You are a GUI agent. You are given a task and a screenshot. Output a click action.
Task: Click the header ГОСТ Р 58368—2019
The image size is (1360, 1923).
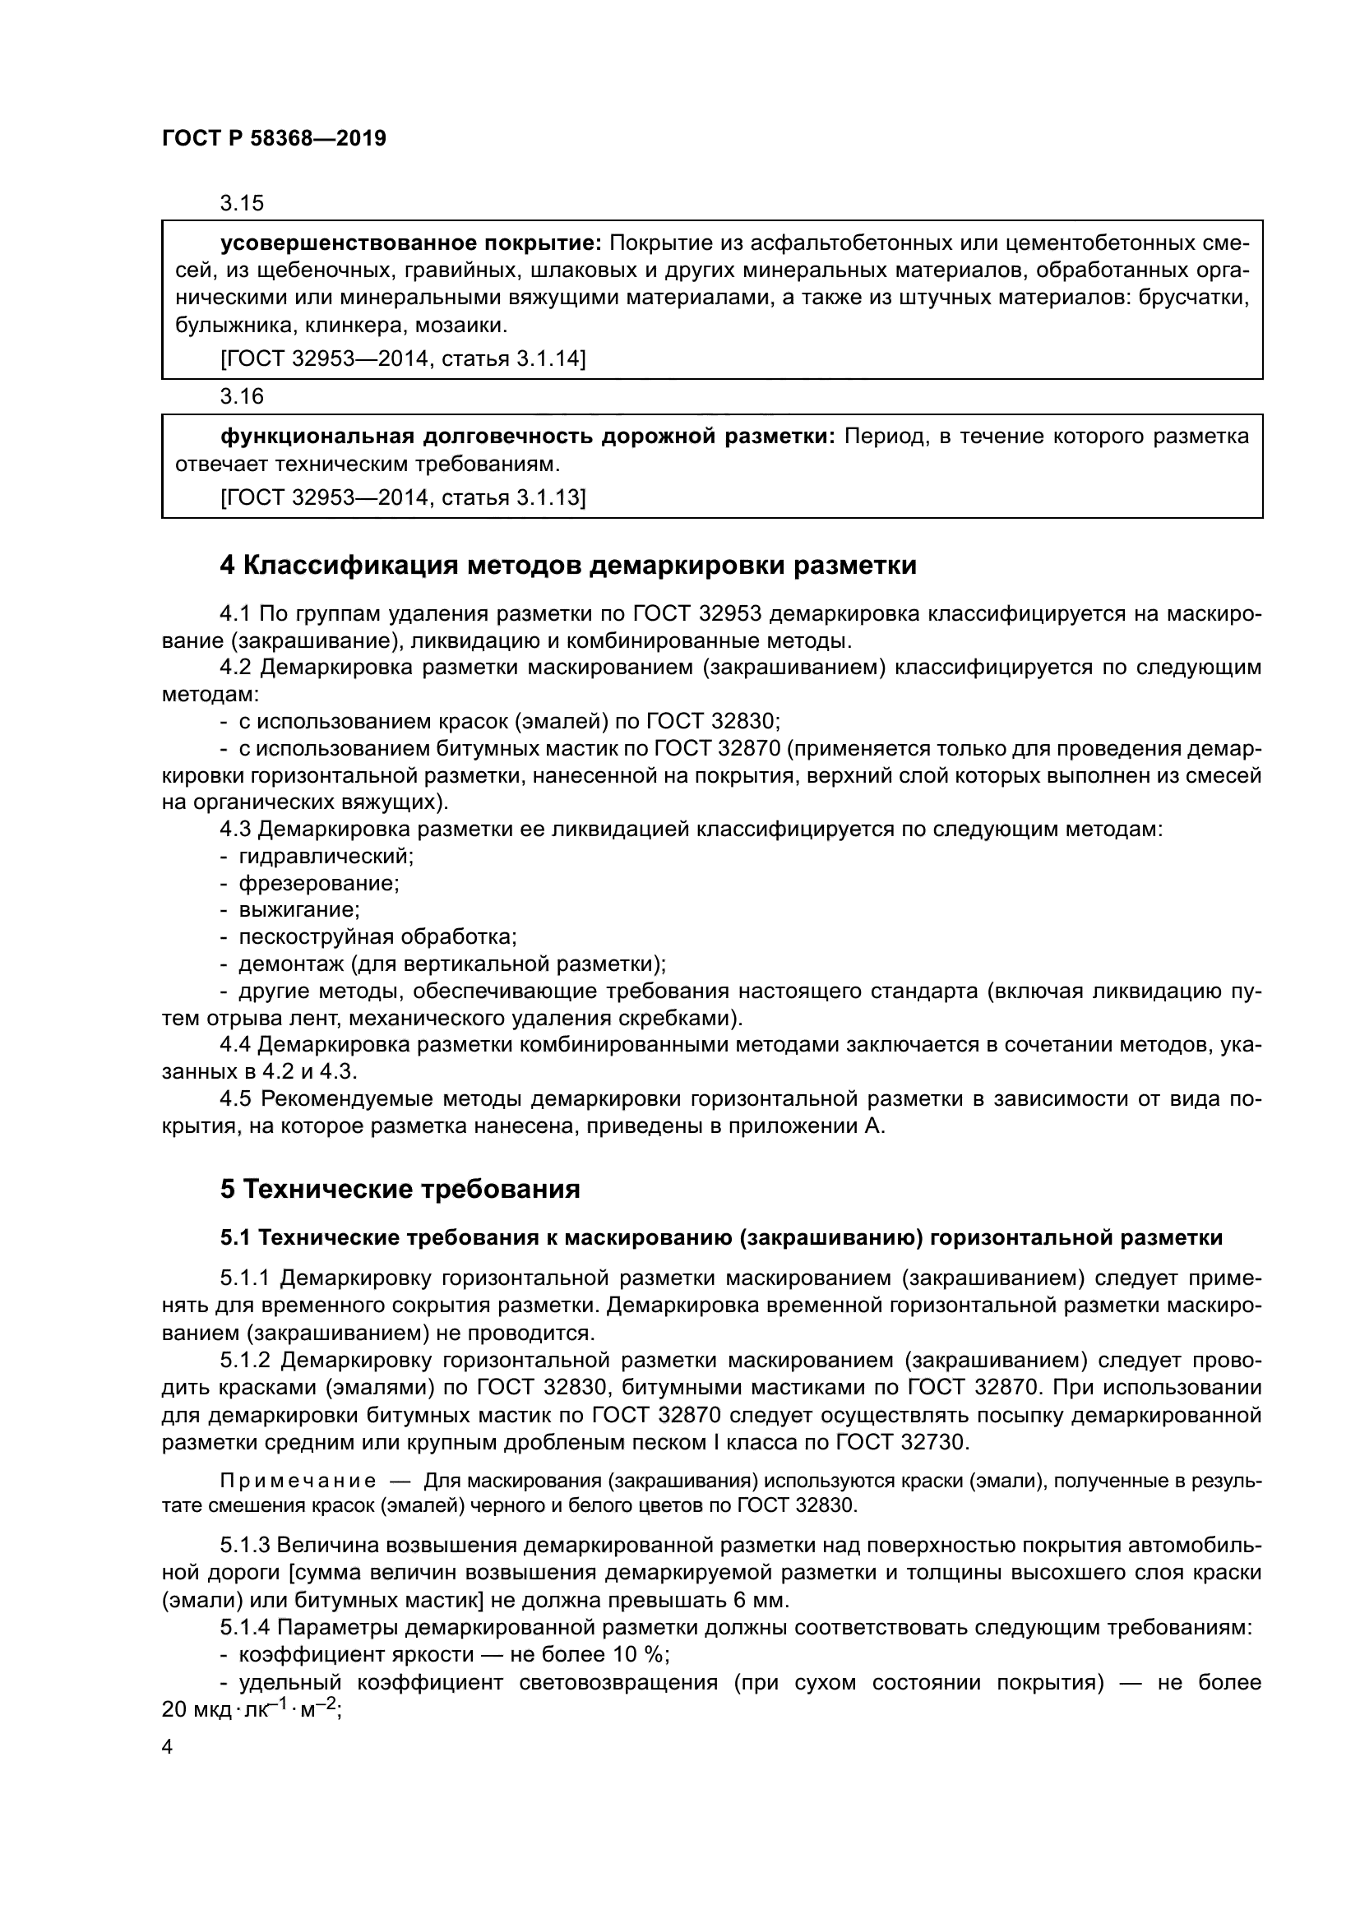click(274, 139)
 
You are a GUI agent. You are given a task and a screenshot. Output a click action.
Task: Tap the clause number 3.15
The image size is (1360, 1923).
click(241, 203)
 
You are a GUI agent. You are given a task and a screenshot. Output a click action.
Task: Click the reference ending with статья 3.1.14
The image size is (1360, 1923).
click(403, 359)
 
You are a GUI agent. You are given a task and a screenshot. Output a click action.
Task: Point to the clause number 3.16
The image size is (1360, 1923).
click(241, 396)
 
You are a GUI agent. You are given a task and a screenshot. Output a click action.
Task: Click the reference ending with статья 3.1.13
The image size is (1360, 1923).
click(403, 498)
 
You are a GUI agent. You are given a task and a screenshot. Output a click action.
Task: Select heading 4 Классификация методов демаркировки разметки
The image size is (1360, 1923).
click(568, 566)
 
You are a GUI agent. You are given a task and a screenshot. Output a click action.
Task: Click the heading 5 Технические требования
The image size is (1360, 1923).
click(400, 1190)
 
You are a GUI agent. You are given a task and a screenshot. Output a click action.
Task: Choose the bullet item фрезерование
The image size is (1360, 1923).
click(319, 883)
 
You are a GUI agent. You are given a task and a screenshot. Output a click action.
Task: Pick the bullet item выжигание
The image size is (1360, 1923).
click(299, 909)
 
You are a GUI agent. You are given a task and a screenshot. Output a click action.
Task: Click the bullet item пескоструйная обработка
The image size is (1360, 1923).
click(377, 936)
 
